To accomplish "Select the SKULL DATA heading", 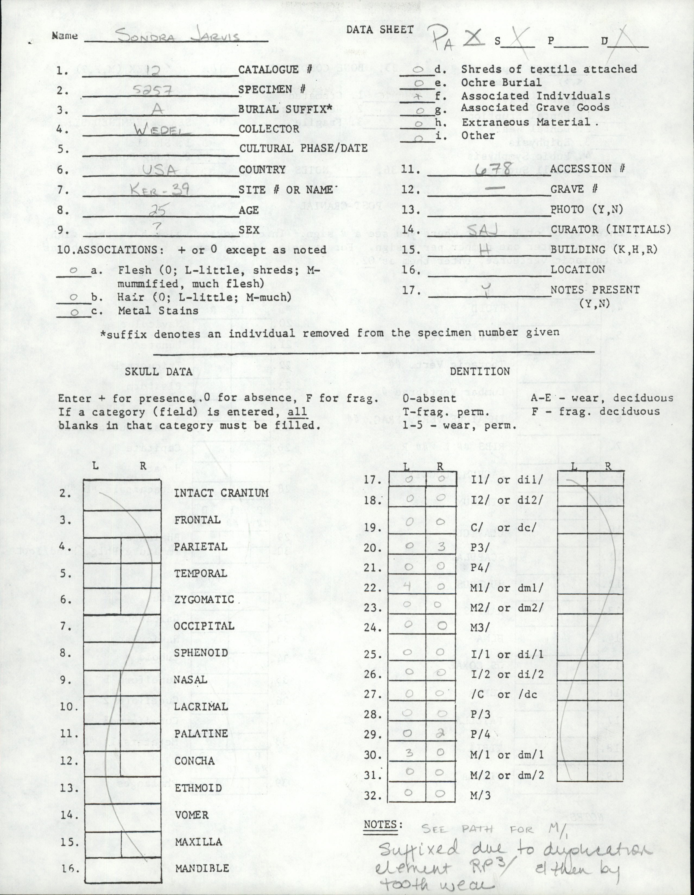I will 159,371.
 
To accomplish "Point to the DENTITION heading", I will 480,371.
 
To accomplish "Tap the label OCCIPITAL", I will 204,626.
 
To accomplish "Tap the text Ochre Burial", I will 501,82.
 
